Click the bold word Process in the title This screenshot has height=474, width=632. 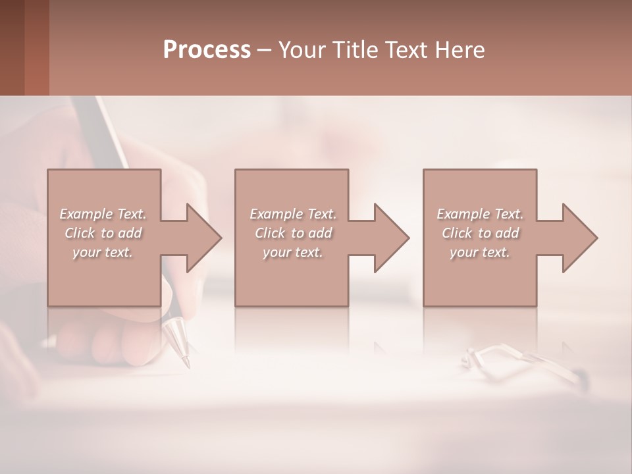pos(207,50)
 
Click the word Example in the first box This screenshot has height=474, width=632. pos(86,214)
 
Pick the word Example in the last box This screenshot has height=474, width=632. pos(463,214)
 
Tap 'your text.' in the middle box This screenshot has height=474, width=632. pos(292,252)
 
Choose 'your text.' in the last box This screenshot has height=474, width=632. pos(479,252)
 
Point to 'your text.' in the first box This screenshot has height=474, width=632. pos(102,252)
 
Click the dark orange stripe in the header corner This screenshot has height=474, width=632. pos(36,47)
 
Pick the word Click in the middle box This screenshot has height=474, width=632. pos(269,233)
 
